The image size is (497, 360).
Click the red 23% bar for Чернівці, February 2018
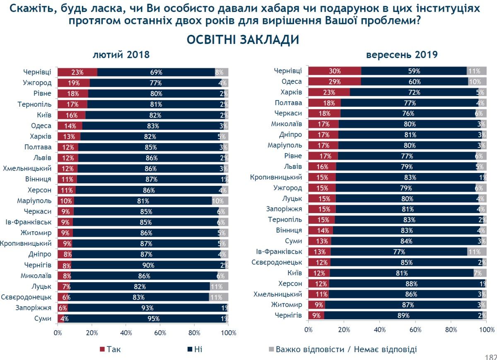(x=77, y=72)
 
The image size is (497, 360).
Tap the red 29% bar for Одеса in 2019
(x=335, y=82)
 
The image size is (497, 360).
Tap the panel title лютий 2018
(x=121, y=55)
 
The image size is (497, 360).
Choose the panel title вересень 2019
(x=402, y=55)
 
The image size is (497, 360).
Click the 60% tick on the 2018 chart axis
(x=160, y=333)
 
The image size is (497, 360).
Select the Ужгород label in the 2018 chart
(x=38, y=83)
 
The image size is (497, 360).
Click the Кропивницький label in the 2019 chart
(x=276, y=178)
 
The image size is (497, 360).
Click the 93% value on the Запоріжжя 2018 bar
(x=147, y=308)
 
